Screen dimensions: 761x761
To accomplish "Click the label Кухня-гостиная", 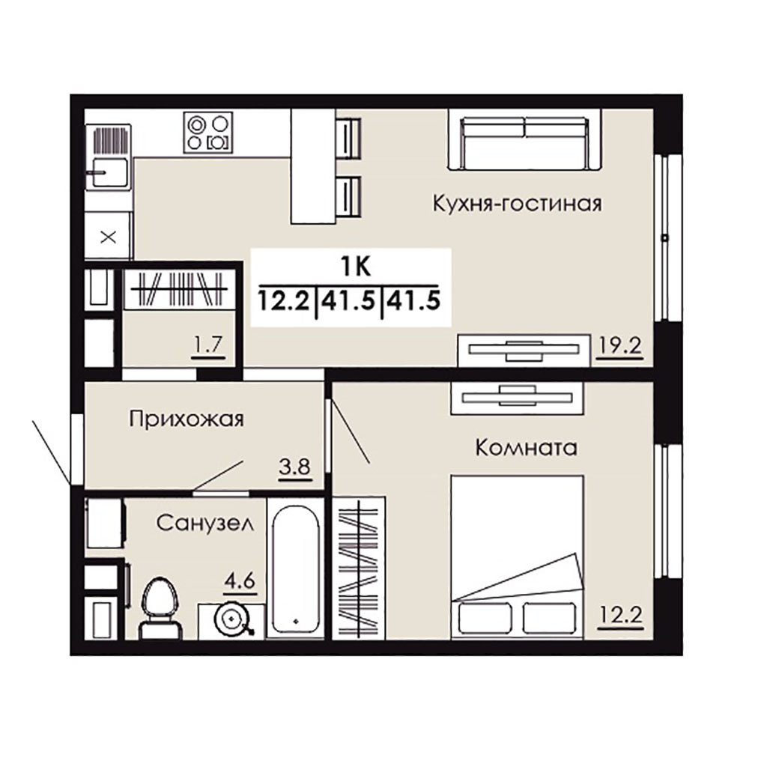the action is [517, 204].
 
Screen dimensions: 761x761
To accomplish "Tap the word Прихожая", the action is [187, 419].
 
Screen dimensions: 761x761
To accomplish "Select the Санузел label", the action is [205, 523].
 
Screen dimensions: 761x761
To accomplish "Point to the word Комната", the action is [526, 447].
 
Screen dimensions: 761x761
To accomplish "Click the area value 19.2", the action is [619, 345].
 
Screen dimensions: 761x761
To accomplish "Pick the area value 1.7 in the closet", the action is [208, 345].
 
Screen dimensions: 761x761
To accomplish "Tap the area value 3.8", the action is [294, 467].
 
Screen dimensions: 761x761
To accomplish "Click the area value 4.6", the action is [240, 580].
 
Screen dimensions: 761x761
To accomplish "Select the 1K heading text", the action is [356, 267].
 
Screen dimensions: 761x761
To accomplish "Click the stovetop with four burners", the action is [208, 133].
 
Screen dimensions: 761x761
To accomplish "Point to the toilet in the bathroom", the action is [160, 608].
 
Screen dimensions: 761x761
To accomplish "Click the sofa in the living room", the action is [525, 139].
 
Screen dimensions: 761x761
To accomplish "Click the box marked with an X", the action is [108, 237].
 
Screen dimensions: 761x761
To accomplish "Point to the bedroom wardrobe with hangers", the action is [359, 568].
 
